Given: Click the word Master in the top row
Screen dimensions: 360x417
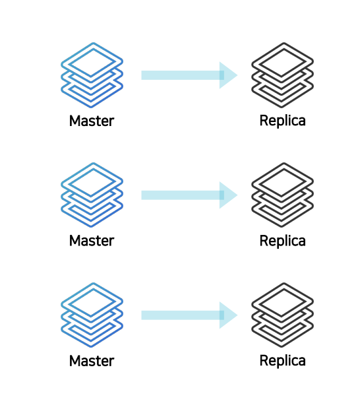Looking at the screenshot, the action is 92,121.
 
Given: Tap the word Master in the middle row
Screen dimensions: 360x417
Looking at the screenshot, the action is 92,241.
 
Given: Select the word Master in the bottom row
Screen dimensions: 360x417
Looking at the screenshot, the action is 92,361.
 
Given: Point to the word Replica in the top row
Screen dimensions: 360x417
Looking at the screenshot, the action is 282,121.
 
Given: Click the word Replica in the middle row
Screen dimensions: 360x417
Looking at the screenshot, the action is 282,241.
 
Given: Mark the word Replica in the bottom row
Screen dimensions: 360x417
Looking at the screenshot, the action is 282,361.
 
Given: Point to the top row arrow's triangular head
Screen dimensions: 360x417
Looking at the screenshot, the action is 227,75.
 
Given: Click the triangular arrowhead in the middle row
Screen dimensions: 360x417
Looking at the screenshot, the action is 227,195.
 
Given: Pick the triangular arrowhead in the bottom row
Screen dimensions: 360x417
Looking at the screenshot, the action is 227,315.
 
